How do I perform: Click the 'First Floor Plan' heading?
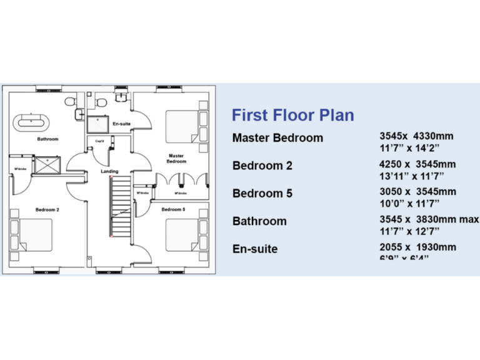pyautogui.click(x=292, y=115)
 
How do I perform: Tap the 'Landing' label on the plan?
pyautogui.click(x=109, y=171)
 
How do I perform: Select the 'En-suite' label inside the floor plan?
pyautogui.click(x=121, y=124)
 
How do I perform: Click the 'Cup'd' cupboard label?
pyautogui.click(x=99, y=141)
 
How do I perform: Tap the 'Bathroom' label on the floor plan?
pyautogui.click(x=47, y=139)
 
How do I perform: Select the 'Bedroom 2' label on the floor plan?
pyautogui.click(x=47, y=209)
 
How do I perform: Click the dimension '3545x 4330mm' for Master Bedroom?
pyautogui.click(x=416, y=136)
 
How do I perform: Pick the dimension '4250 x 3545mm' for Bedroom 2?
pyautogui.click(x=417, y=164)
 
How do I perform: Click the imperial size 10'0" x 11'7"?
pyautogui.click(x=409, y=203)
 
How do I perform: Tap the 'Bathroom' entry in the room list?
pyautogui.click(x=259, y=221)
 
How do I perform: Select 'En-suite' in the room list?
pyautogui.click(x=255, y=249)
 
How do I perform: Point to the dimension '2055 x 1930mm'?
pyautogui.click(x=417, y=247)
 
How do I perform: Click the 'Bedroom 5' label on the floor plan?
pyautogui.click(x=173, y=209)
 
